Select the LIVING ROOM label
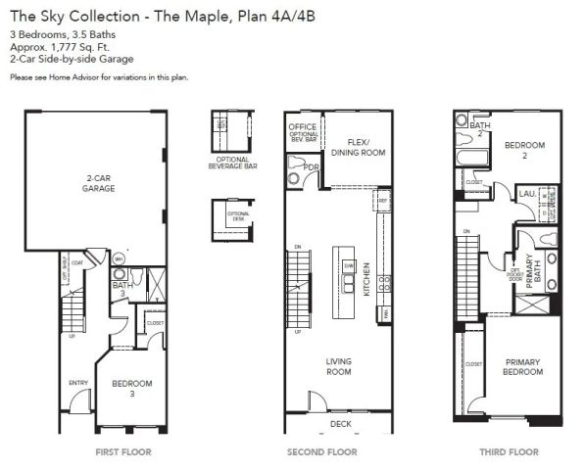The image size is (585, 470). click(x=338, y=366)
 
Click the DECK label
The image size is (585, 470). click(x=340, y=424)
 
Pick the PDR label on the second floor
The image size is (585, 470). click(x=311, y=167)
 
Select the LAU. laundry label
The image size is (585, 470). click(x=526, y=196)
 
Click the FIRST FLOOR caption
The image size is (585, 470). click(x=122, y=451)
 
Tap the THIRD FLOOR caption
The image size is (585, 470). click(x=510, y=451)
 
